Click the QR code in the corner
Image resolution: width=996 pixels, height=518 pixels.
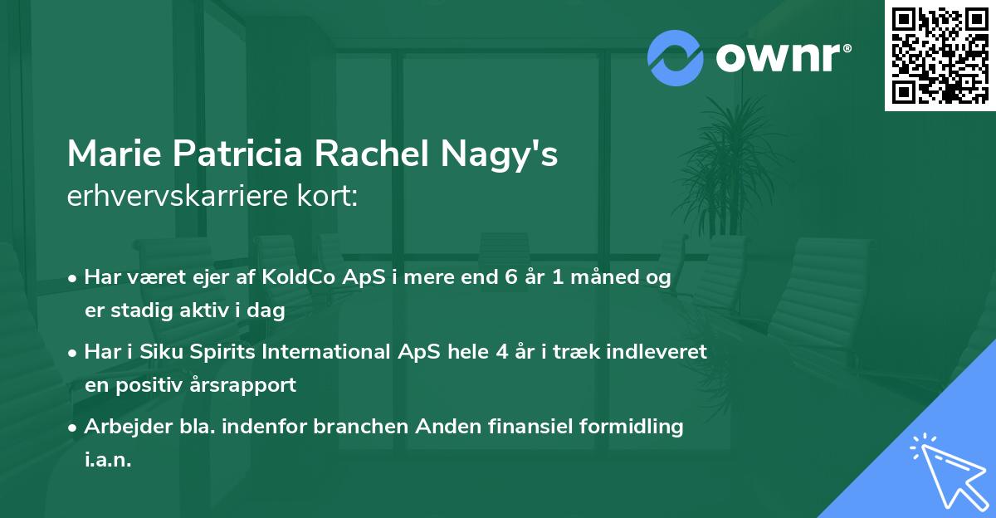(940, 55)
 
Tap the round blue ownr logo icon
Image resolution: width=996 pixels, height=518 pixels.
(676, 57)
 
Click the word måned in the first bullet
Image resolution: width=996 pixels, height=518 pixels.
(607, 277)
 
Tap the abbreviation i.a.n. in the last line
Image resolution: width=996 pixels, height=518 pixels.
(108, 460)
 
